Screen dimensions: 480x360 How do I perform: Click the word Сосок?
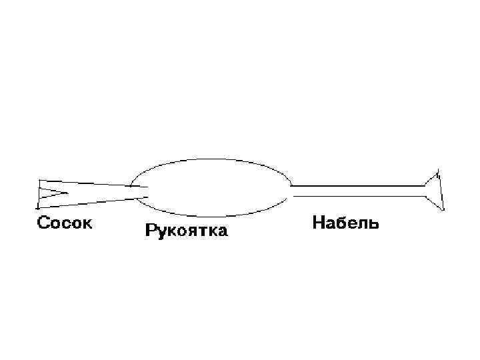(x=64, y=223)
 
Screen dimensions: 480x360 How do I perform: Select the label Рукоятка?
(x=186, y=232)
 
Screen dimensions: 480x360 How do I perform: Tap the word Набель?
(x=345, y=223)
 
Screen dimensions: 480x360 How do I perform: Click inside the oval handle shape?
(x=211, y=188)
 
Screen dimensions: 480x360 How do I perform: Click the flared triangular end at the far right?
(x=434, y=190)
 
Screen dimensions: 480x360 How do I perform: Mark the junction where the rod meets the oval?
(x=291, y=191)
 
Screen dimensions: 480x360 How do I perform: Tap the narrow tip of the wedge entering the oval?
(x=143, y=192)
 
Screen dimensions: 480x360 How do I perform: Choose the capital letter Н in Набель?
(x=319, y=223)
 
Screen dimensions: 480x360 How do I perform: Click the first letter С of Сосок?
(x=41, y=223)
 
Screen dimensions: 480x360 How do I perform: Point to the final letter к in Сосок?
(x=88, y=223)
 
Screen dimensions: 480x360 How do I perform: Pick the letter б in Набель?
(x=340, y=223)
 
